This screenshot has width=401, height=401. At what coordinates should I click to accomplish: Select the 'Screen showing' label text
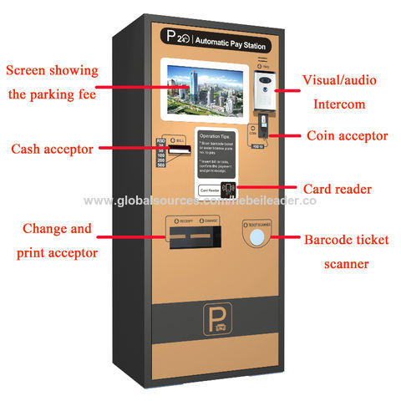pyautogui.click(x=52, y=70)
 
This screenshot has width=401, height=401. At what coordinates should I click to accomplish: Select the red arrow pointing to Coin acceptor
pyautogui.click(x=287, y=135)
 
